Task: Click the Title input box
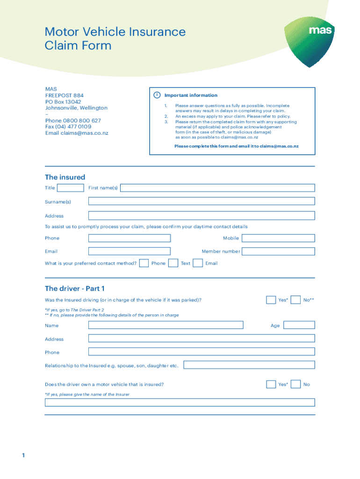(71, 188)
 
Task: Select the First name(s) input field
(217, 188)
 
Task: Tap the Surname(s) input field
(202, 201)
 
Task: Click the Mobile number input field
(278, 238)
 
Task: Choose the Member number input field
(278, 251)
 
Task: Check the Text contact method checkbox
(173, 263)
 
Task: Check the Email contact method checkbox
(198, 263)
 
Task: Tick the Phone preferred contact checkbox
(144, 263)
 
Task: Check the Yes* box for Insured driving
(271, 300)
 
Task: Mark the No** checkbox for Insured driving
(295, 300)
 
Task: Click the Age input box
(299, 325)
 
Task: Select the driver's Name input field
(166, 325)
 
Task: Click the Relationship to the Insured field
(249, 365)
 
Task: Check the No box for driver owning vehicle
(295, 385)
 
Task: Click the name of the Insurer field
(180, 402)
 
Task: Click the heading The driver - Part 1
(78, 288)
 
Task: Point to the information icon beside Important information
(157, 95)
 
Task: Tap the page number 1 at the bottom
(22, 455)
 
